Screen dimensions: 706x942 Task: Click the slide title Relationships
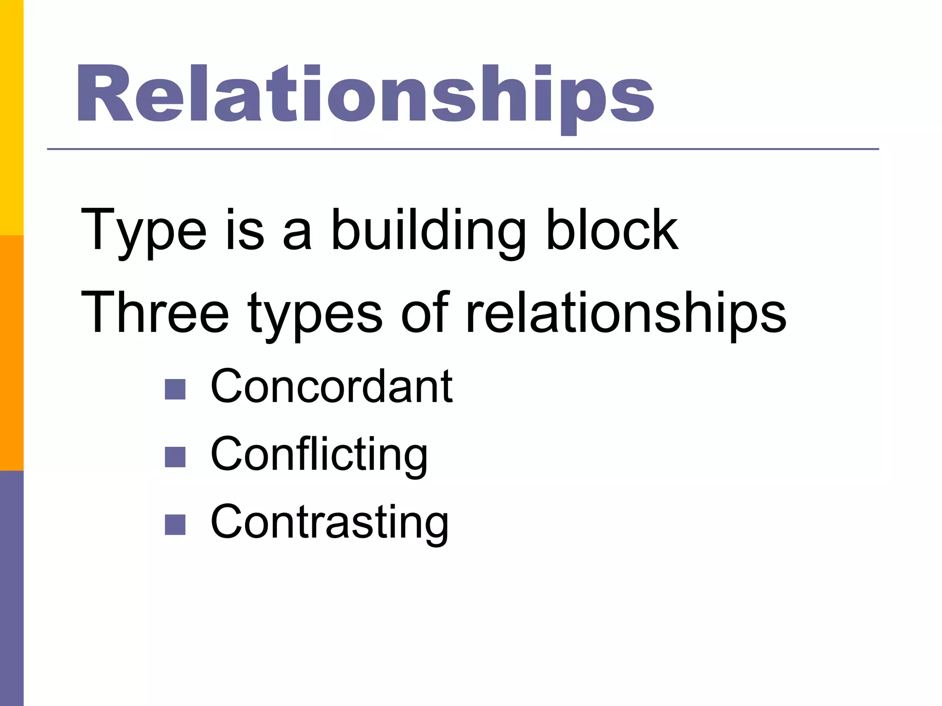[x=365, y=95]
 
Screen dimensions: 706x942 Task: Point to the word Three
[x=155, y=313]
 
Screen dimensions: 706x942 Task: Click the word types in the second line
[x=315, y=315]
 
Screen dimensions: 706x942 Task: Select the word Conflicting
[x=319, y=455]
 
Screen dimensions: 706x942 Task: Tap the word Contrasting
[x=329, y=523]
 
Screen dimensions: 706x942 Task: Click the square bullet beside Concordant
[x=175, y=389]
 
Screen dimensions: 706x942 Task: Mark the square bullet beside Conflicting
[x=175, y=457]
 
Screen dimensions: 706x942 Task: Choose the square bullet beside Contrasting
[x=175, y=524]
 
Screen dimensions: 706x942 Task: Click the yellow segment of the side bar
[x=11, y=118]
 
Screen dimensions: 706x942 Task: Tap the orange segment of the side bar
[x=11, y=353]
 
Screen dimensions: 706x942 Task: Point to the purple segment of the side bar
[x=11, y=588]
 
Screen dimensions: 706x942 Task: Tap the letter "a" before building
[x=297, y=234]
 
